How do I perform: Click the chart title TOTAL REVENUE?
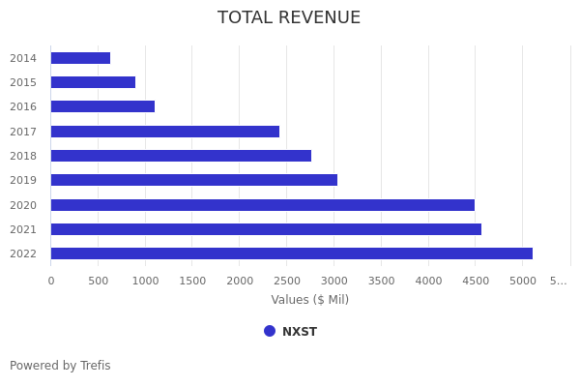click(289, 18)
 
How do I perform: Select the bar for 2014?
click(80, 58)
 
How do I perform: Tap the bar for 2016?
click(102, 106)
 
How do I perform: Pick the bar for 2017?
click(164, 132)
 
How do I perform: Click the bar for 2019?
click(193, 180)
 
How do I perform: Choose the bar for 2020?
click(262, 205)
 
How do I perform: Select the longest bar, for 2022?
click(291, 253)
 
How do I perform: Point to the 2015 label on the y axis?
click(23, 82)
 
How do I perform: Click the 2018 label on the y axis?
click(23, 156)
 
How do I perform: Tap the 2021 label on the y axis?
click(23, 229)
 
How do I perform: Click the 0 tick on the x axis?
click(51, 281)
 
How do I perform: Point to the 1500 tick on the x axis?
click(192, 281)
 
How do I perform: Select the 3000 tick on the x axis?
click(333, 281)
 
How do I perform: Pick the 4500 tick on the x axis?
click(476, 281)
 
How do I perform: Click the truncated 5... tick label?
click(559, 281)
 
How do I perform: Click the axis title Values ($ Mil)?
click(309, 300)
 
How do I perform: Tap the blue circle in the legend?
click(270, 331)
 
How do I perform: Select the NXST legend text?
click(300, 332)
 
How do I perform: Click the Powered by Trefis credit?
click(60, 366)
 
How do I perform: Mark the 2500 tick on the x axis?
click(287, 281)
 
